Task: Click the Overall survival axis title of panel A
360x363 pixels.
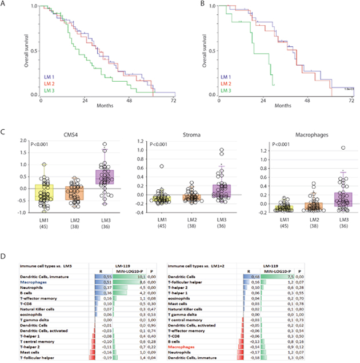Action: [x=26, y=52]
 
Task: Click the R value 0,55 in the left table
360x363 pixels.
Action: [x=106, y=277]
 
